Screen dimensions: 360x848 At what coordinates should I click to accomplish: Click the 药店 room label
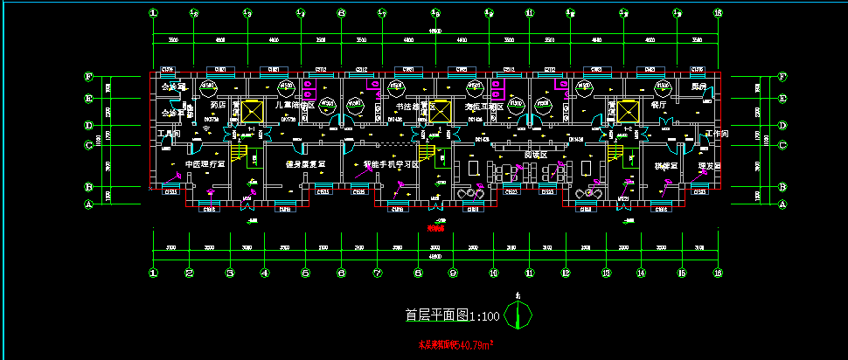click(x=219, y=105)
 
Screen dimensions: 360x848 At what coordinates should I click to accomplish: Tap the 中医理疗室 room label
click(x=205, y=163)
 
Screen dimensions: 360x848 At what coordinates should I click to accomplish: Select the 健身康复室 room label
click(x=305, y=163)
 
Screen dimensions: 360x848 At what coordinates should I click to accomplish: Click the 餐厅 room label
click(x=659, y=105)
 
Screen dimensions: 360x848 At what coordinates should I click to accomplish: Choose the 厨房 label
click(x=699, y=87)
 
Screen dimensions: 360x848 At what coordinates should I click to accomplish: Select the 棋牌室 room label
click(x=666, y=164)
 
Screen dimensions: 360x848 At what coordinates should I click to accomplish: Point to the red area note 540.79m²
click(x=455, y=345)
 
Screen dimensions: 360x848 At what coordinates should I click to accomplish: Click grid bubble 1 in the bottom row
click(x=154, y=273)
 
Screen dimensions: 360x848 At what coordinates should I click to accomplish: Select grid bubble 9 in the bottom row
click(x=454, y=273)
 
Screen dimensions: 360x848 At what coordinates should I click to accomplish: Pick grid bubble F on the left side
click(x=87, y=76)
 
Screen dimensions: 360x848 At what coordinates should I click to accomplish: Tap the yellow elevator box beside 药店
click(x=252, y=112)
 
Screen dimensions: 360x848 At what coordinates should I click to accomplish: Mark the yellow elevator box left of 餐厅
click(x=628, y=112)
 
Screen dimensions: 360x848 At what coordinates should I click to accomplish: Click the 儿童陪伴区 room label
click(x=295, y=105)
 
